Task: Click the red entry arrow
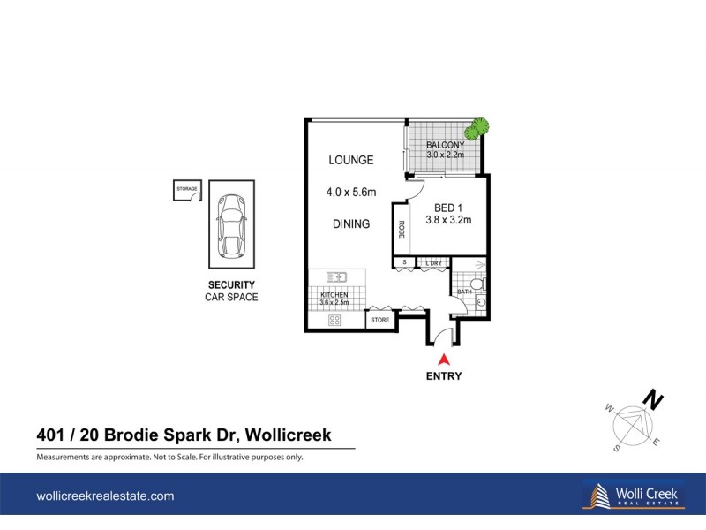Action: [444, 360]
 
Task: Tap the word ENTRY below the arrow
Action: [444, 375]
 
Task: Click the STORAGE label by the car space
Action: [186, 189]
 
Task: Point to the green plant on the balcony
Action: [477, 129]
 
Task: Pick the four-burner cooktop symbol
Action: [335, 320]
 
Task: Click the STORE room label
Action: [380, 319]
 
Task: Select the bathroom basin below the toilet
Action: [481, 301]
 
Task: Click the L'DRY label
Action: [433, 262]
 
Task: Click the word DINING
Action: [351, 224]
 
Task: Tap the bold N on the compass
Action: [653, 401]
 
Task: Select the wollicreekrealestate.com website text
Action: [105, 496]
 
